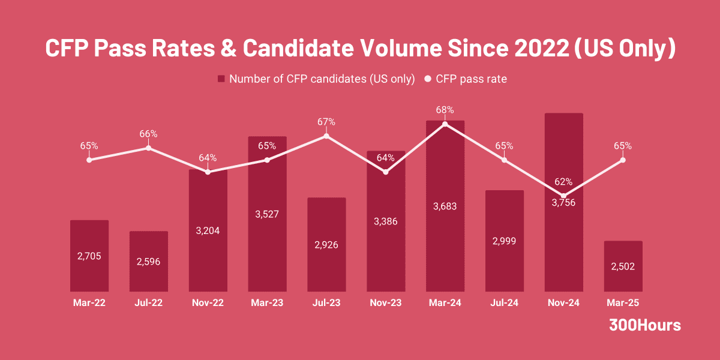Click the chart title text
(x=360, y=49)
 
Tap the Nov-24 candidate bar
(x=563, y=240)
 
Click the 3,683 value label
(x=445, y=206)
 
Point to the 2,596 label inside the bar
(x=148, y=262)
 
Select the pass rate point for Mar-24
(x=445, y=124)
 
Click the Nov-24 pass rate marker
(x=563, y=196)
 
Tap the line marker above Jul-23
(x=326, y=136)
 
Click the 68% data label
(x=445, y=110)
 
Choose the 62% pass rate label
(x=563, y=182)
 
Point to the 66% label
(x=148, y=134)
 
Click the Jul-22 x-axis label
(x=148, y=303)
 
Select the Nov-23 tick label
(x=386, y=303)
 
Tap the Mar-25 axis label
(x=623, y=303)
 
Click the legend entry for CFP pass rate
(x=471, y=79)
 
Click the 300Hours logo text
(x=645, y=325)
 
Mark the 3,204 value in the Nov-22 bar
(x=208, y=230)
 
